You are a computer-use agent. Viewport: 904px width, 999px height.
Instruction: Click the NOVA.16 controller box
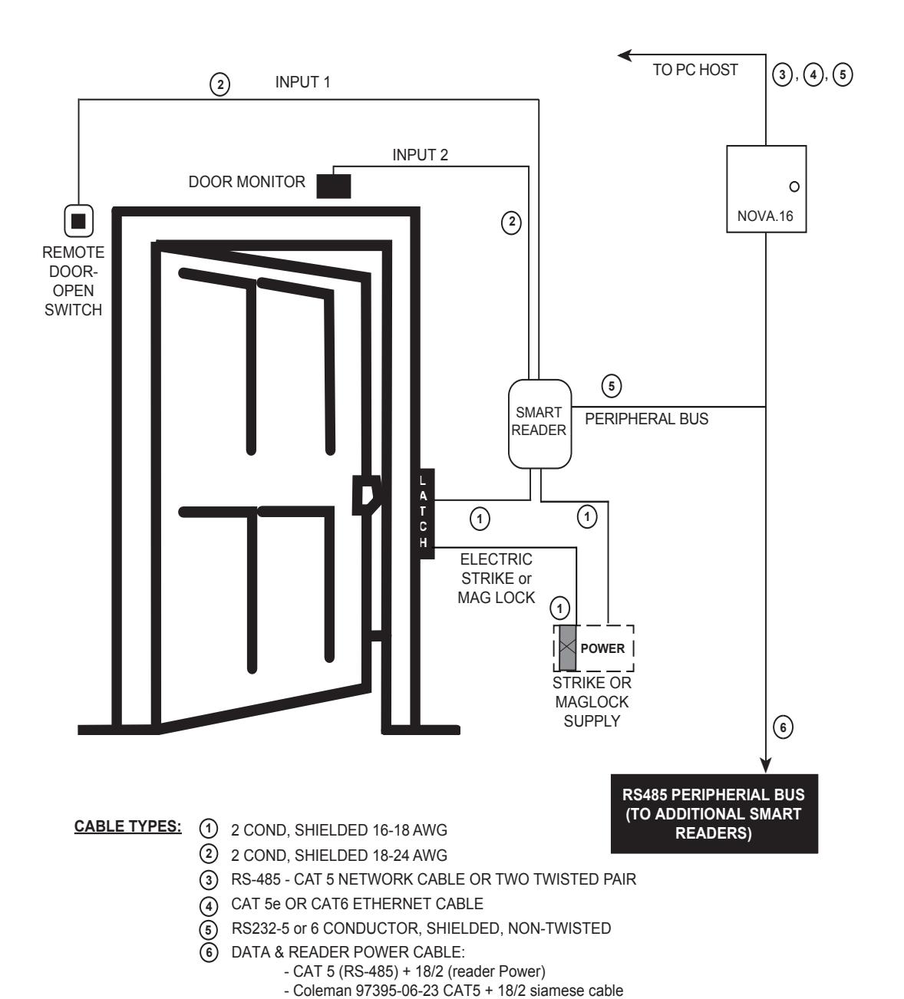766,189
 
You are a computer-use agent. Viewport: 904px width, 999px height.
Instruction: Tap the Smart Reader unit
539,424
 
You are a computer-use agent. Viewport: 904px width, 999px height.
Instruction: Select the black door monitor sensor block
334,186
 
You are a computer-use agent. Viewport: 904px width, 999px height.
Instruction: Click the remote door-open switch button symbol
79,221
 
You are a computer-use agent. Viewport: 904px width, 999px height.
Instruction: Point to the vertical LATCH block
424,513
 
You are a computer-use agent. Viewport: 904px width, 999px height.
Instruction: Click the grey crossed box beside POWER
567,648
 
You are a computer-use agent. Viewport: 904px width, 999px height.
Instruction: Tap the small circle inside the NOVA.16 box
794,186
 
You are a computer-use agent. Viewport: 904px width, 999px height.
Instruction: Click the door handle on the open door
368,495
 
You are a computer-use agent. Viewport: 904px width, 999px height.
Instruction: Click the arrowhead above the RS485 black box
766,765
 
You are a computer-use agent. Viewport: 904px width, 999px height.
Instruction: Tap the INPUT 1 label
303,82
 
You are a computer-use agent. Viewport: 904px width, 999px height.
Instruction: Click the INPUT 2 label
421,155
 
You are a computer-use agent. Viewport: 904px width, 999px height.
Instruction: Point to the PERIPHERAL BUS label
646,419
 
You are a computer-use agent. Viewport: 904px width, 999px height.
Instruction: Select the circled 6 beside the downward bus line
783,727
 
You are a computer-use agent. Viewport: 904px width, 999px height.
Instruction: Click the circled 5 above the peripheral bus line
612,386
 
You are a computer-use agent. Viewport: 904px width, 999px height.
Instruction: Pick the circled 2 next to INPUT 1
219,84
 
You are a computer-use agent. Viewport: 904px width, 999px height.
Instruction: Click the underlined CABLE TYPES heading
128,826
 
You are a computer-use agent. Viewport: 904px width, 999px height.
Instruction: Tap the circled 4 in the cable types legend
209,906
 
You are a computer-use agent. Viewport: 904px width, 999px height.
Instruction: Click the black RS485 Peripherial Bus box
714,814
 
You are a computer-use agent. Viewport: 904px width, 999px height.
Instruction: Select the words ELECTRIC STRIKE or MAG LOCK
496,579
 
